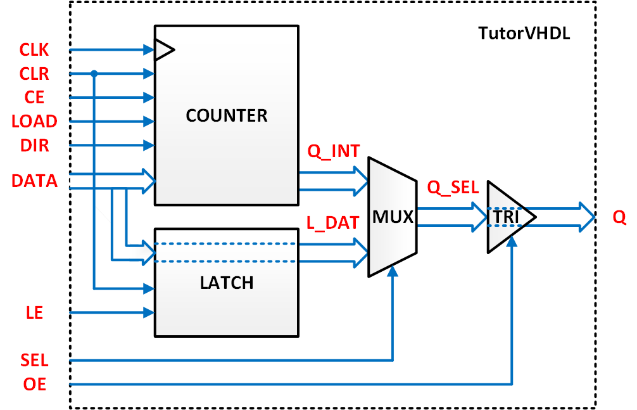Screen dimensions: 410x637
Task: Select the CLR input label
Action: tap(34, 74)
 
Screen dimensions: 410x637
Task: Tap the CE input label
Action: tap(34, 98)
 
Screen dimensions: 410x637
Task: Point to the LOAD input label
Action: tap(34, 121)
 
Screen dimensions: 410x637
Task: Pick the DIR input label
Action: tap(34, 145)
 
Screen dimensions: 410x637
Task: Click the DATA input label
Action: tap(34, 181)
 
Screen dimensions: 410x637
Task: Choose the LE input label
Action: tap(34, 312)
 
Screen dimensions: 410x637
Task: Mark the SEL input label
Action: tap(34, 361)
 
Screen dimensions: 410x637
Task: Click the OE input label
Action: tap(34, 384)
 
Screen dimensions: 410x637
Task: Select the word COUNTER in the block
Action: tap(227, 116)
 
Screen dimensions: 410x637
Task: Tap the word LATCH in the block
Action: tap(227, 283)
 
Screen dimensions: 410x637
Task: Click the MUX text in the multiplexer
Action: tap(393, 218)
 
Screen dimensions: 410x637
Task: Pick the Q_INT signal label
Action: tap(333, 151)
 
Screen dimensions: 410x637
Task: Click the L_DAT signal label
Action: tap(333, 222)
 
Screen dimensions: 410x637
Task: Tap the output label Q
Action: tap(619, 218)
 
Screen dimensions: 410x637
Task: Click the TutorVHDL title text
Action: tap(524, 34)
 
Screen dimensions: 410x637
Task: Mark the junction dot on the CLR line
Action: tap(94, 74)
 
